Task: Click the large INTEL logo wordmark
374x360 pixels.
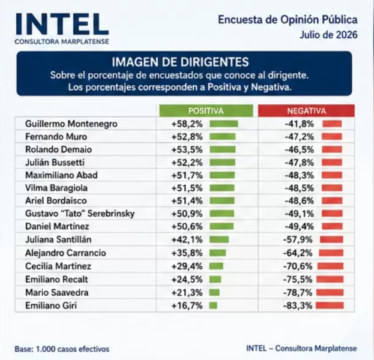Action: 62,25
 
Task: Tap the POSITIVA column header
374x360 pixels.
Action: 206,111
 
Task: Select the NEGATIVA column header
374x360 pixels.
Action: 307,111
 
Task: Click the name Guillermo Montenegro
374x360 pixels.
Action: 71,124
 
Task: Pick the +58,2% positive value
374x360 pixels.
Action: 187,124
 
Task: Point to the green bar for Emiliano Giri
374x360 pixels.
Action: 213,305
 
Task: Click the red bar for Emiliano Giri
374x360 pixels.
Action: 330,305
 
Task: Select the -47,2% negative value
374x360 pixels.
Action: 299,137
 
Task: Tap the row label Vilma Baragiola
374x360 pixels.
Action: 56,188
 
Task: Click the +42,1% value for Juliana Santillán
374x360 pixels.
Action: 187,239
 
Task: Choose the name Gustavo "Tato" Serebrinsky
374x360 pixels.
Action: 80,214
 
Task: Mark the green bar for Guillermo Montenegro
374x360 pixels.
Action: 224,124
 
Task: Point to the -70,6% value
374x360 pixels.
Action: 298,266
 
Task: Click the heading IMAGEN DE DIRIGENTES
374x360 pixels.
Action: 180,62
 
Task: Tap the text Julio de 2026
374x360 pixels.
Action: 329,35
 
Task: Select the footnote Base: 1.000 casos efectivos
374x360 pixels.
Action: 62,349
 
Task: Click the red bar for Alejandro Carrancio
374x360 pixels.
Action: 331,253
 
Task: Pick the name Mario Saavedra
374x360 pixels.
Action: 57,292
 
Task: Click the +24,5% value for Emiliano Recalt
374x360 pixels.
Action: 187,279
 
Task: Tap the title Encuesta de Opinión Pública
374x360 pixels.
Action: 288,20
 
